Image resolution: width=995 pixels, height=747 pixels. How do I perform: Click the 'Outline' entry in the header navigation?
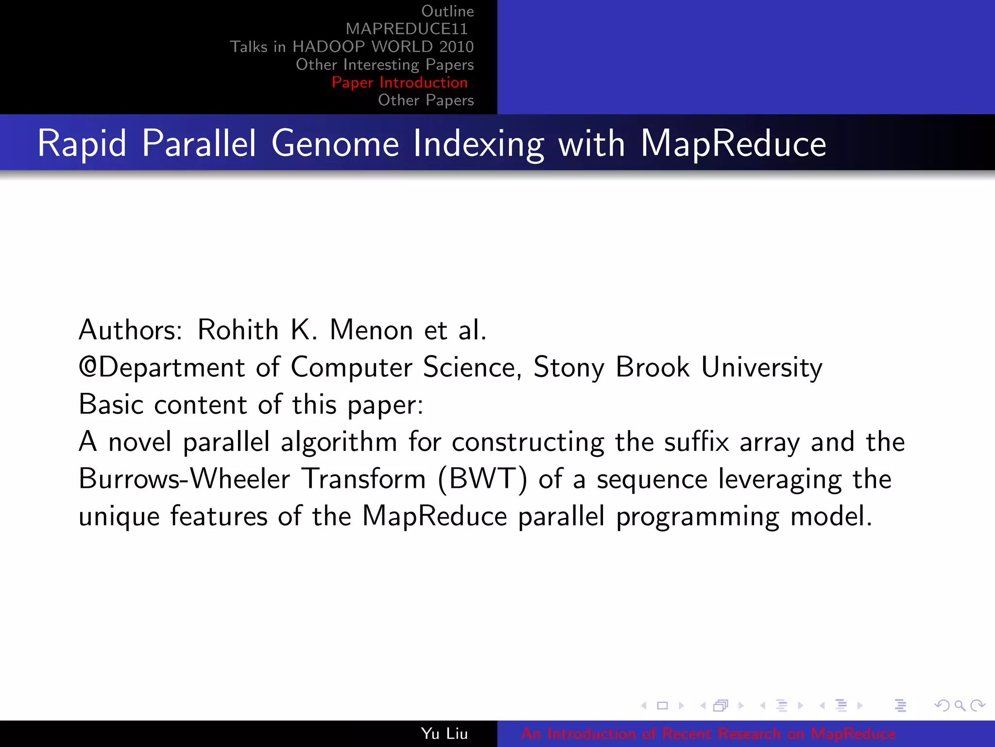447,11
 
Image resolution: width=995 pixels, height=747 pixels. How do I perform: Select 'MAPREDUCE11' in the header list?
406,29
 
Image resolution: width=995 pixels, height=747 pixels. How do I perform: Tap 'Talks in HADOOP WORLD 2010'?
351,47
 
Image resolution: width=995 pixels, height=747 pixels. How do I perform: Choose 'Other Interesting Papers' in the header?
384,65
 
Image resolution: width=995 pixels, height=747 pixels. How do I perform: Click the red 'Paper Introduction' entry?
399,82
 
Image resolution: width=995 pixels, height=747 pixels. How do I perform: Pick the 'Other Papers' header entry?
426,100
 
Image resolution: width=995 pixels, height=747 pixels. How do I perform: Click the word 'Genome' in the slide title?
335,143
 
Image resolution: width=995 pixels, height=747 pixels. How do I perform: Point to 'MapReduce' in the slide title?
733,143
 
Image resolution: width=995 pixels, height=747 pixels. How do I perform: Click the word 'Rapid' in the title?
82,143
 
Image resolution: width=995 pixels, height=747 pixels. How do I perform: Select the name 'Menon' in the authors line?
371,330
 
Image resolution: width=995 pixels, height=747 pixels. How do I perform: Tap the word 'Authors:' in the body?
130,330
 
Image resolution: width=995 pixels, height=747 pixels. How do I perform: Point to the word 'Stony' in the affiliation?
569,367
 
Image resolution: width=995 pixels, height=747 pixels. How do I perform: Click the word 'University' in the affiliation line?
761,367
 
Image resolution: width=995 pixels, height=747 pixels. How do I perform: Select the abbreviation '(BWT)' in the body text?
482,479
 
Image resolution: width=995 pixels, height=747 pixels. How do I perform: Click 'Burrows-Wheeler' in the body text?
184,479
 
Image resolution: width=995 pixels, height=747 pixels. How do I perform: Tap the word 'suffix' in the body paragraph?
696,442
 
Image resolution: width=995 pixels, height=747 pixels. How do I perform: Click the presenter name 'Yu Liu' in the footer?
444,733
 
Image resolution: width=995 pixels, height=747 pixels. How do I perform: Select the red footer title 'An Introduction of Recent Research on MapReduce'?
708,733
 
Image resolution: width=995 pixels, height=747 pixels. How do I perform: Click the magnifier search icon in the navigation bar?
960,705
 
